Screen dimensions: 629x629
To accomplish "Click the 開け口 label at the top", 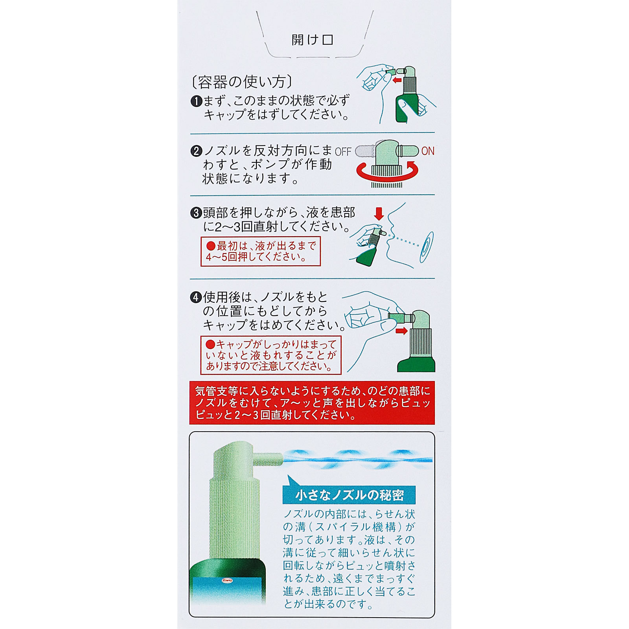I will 312,40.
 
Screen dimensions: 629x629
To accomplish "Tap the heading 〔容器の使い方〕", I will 242,82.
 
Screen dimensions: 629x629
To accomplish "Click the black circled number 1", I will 196,101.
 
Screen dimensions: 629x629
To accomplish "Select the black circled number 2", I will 196,151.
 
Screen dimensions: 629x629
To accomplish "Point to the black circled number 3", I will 196,213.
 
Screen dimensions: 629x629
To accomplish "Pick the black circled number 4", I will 196,297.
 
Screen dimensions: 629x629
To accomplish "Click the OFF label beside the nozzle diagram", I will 343,152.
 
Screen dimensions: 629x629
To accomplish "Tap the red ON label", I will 428,151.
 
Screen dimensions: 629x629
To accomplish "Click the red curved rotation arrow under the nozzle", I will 387,173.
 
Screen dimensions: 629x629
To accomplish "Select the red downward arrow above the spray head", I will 379,214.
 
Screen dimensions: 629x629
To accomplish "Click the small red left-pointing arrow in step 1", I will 397,80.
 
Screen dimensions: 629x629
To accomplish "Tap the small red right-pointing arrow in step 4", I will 401,331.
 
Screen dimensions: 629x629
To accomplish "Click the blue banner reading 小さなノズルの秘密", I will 349,495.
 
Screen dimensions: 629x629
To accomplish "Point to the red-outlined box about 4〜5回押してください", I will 261,251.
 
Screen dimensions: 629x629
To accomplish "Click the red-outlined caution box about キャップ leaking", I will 270,355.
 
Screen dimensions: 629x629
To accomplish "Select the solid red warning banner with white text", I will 312,403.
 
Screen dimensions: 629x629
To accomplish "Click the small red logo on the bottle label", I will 228,580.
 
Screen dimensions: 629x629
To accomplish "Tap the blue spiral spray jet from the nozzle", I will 358,460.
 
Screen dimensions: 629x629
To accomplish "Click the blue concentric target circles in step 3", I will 427,247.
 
